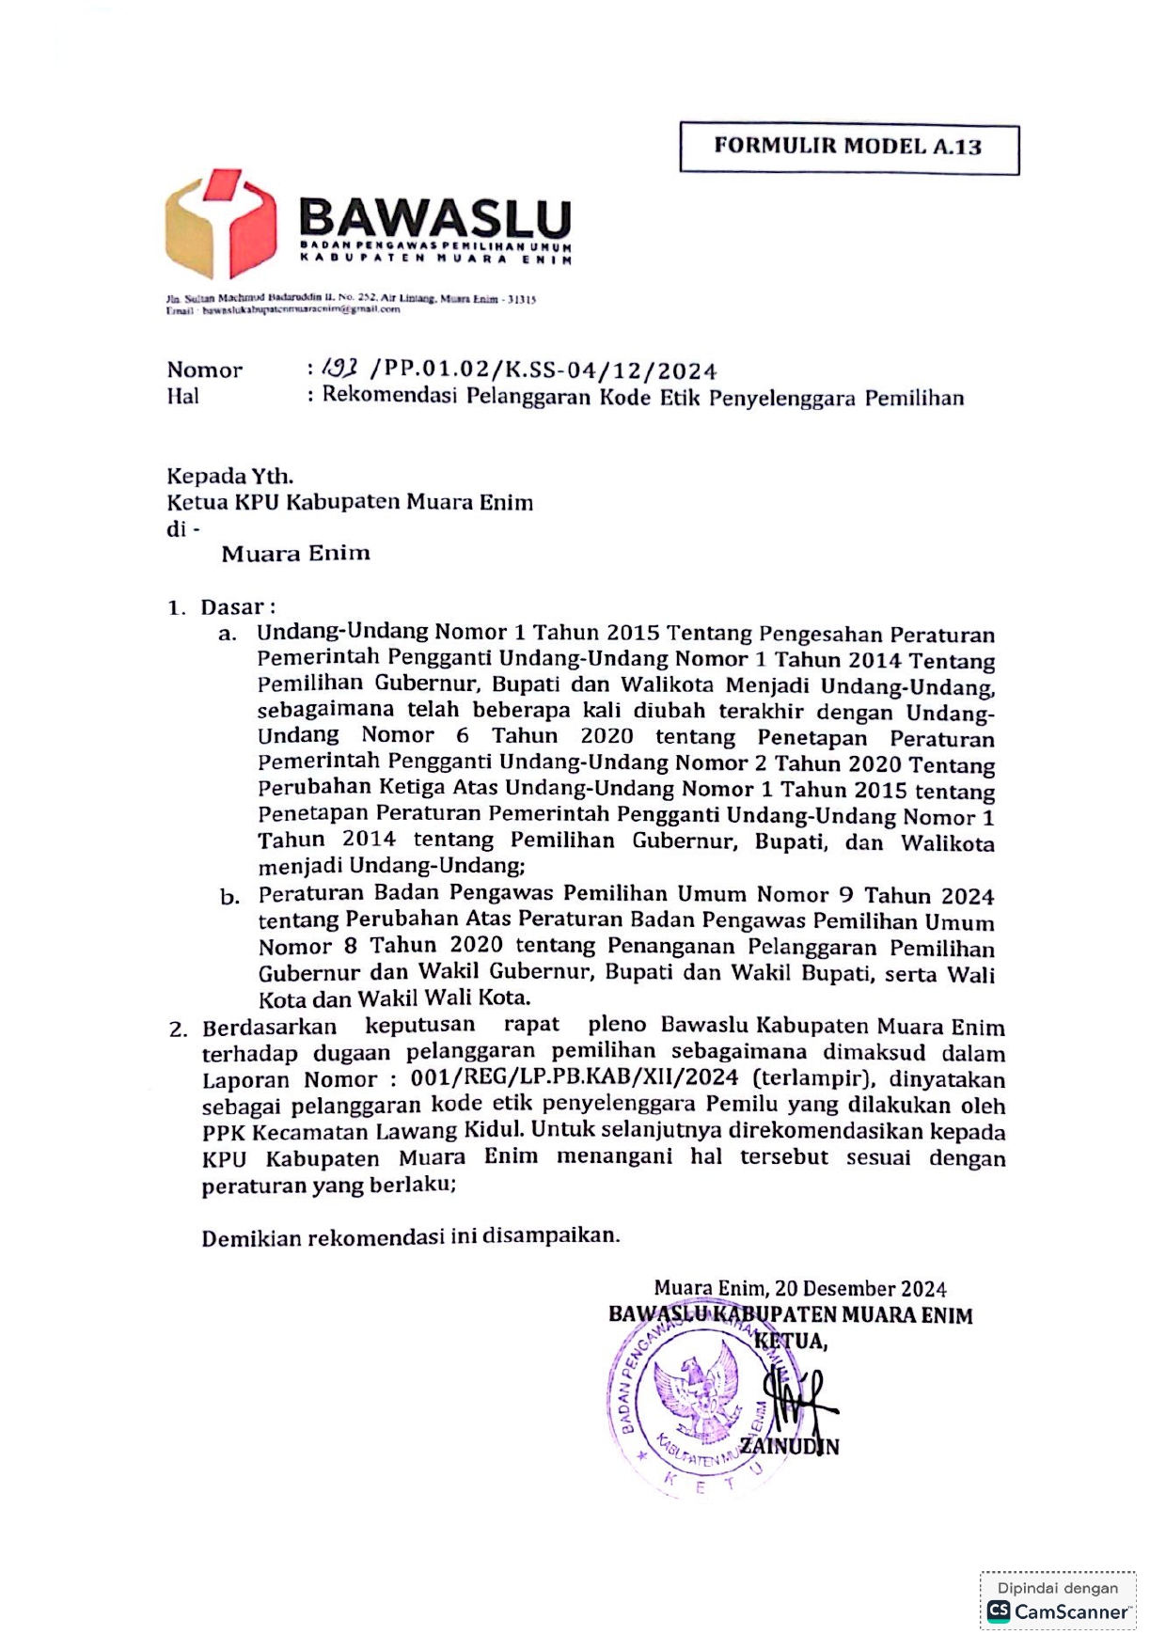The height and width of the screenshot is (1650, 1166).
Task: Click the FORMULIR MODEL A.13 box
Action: click(848, 148)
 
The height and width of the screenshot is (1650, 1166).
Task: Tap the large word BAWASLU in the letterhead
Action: click(434, 218)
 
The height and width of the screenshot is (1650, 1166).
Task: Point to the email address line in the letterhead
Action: click(283, 309)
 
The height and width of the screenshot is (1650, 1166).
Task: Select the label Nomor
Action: click(204, 370)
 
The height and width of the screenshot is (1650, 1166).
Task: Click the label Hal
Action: click(182, 397)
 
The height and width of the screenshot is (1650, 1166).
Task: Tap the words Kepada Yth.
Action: click(229, 476)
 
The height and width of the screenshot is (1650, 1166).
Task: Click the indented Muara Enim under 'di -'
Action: click(295, 554)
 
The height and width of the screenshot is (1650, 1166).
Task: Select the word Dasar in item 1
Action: click(232, 607)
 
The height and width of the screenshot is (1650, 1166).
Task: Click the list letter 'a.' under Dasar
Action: click(227, 634)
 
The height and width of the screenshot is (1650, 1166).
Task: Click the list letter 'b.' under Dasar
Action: click(229, 897)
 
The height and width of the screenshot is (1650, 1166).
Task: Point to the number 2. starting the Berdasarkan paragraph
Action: click(179, 1029)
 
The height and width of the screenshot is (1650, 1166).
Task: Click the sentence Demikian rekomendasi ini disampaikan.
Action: click(410, 1236)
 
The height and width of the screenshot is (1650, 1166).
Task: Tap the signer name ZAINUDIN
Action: click(789, 1446)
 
